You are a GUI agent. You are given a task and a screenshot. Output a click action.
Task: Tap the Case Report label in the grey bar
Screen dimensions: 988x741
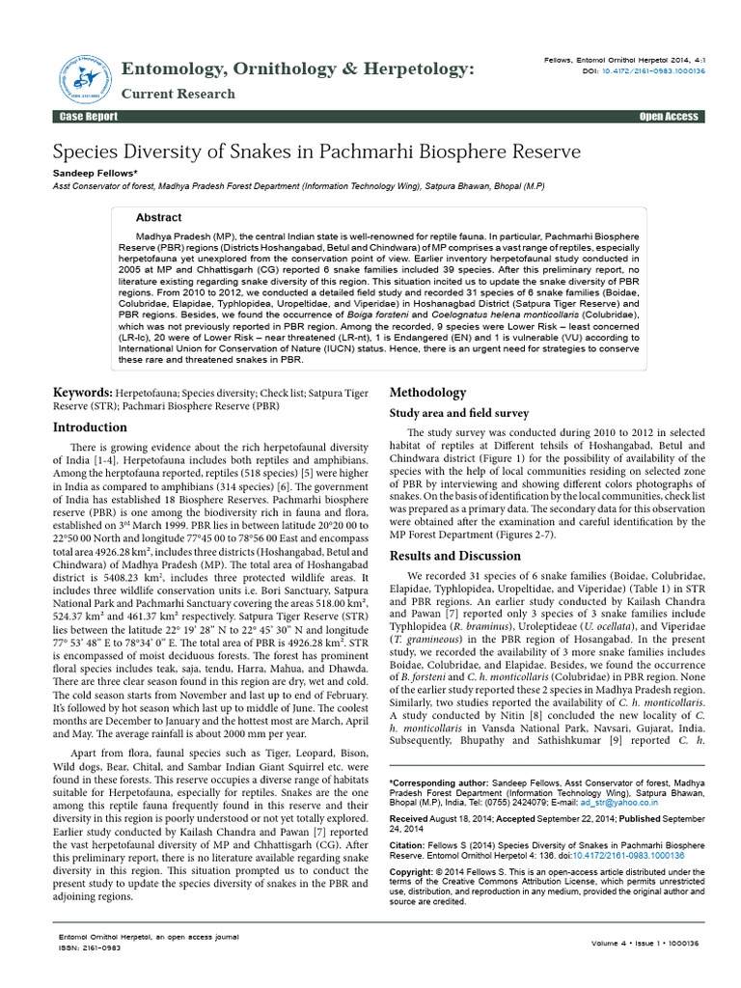89,117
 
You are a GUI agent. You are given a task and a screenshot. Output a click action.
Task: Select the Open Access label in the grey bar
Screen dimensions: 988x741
669,117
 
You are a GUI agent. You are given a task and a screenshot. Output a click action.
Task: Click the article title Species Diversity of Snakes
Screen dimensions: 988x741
316,151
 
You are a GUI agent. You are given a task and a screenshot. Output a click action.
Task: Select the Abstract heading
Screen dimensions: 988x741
158,218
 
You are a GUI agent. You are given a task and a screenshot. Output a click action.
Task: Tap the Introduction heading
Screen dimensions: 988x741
90,427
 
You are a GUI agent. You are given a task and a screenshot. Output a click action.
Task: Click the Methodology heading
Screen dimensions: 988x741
427,393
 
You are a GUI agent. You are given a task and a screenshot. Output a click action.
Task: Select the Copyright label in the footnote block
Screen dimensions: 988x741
411,871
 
